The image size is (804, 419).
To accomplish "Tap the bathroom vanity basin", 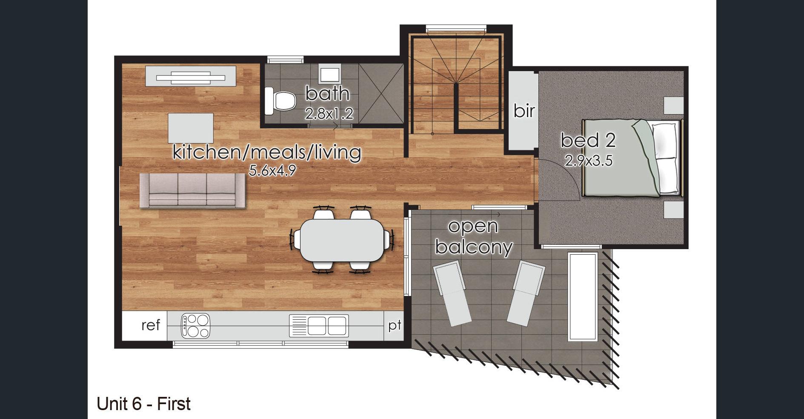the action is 330,75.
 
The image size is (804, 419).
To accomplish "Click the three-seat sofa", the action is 193,191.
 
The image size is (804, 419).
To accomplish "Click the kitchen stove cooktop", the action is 196,326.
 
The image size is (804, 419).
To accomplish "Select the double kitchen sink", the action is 319,326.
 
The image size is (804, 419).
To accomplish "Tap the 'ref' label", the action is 151,325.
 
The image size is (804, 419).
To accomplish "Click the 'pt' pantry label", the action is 395,326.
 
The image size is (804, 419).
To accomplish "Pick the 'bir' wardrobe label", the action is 524,111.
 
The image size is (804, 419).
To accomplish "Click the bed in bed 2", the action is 632,158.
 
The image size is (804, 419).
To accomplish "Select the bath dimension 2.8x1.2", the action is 329,114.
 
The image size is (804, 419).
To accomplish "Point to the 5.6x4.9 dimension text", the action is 272,171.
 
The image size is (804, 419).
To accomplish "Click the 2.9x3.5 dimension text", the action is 589,161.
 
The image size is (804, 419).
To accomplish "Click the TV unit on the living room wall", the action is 191,77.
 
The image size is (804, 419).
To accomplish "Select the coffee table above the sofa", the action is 191,128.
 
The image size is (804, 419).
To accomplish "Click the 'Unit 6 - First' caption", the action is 144,404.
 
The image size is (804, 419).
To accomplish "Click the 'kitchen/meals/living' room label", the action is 267,152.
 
